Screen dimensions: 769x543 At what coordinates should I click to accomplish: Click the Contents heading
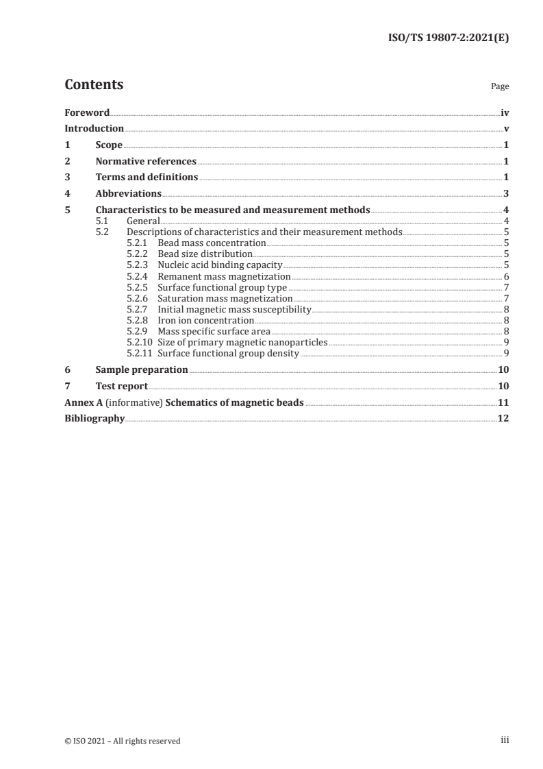(94, 85)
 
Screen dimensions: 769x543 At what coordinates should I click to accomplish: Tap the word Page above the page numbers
(500, 87)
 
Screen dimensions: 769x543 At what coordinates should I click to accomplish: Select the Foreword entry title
(87, 112)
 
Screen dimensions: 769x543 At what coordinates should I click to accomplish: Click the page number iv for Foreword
(505, 112)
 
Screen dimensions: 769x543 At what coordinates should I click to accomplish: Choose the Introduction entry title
(94, 128)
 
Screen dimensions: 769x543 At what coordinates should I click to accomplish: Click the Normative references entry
(146, 162)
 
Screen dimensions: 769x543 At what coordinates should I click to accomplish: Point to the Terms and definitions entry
(147, 178)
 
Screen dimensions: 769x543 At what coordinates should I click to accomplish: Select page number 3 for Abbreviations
(506, 194)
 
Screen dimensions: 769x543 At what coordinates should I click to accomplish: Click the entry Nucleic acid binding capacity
(220, 265)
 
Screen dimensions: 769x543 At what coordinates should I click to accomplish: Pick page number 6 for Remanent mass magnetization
(506, 276)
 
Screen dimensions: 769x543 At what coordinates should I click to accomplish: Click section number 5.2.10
(140, 342)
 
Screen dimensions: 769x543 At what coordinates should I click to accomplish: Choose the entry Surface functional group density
(228, 353)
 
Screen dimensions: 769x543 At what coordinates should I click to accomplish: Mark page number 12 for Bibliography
(503, 419)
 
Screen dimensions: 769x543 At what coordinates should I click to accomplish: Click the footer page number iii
(505, 740)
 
